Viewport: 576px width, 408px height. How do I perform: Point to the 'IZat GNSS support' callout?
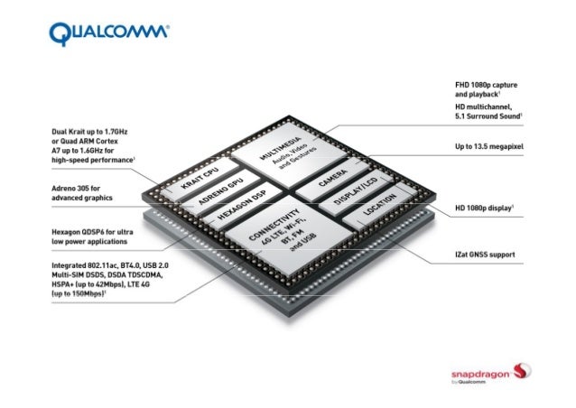click(x=485, y=255)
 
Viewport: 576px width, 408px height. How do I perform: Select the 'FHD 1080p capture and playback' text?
click(x=486, y=88)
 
